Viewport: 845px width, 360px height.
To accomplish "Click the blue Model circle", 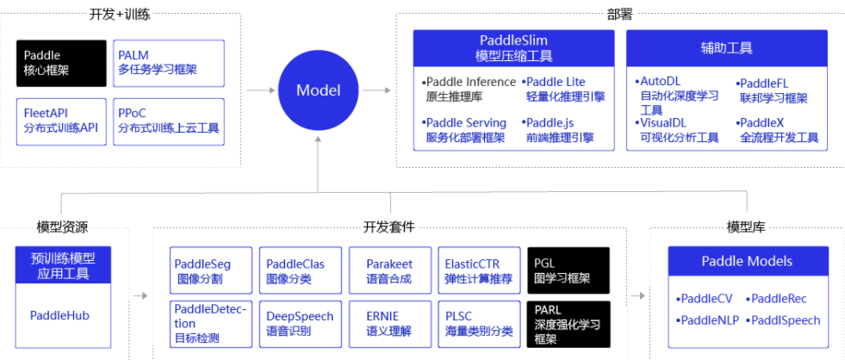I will coord(318,90).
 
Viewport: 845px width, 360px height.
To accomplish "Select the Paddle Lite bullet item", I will coord(565,89).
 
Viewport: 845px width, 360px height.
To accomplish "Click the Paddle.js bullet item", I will coord(558,130).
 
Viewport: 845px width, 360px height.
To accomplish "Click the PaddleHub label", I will coord(59,315).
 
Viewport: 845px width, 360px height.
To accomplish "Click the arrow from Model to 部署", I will coord(378,90).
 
